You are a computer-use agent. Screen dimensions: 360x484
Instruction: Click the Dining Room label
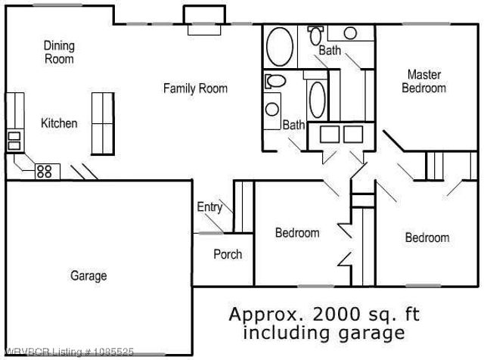pyautogui.click(x=59, y=52)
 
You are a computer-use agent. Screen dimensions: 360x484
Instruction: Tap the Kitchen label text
pyautogui.click(x=59, y=123)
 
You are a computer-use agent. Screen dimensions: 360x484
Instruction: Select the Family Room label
pyautogui.click(x=195, y=88)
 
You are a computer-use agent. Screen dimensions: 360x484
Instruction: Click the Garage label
pyautogui.click(x=88, y=276)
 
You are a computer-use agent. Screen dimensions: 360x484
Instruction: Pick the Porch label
pyautogui.click(x=228, y=254)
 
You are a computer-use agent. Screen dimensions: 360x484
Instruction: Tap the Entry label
pyautogui.click(x=209, y=207)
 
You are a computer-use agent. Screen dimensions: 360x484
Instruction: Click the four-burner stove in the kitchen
pyautogui.click(x=44, y=171)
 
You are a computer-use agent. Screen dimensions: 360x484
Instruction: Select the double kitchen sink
pyautogui.click(x=14, y=139)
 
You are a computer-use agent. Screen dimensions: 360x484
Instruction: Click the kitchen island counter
pyautogui.click(x=101, y=122)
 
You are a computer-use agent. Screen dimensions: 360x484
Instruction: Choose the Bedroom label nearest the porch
pyautogui.click(x=296, y=233)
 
